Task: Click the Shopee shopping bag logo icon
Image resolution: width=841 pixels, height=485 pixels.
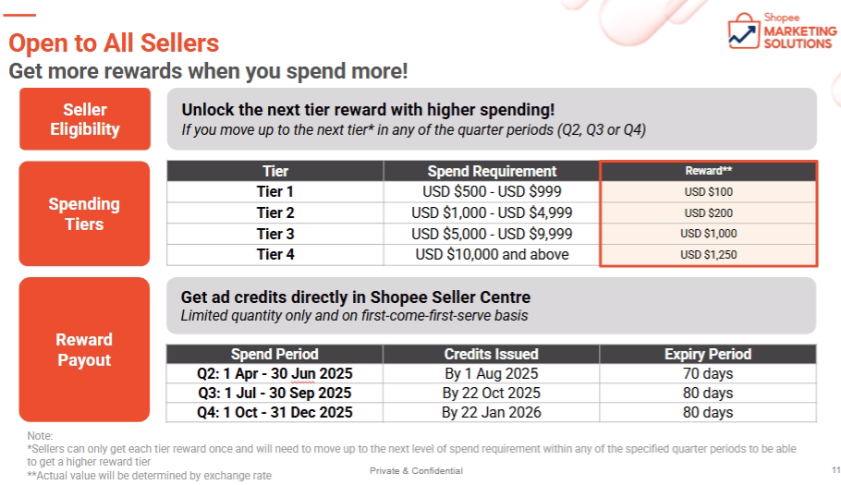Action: (x=744, y=31)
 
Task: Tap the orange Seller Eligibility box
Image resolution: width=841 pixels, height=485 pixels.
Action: (x=85, y=119)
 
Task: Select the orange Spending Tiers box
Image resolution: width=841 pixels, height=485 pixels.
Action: (x=84, y=213)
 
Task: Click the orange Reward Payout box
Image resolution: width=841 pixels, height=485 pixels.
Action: (x=84, y=349)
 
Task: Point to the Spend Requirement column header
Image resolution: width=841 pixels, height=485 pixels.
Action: (x=492, y=171)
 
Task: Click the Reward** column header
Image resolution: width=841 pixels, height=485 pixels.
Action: (x=708, y=171)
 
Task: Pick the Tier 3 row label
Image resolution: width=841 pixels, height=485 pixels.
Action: (x=275, y=234)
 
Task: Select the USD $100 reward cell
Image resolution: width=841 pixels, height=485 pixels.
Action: (x=708, y=192)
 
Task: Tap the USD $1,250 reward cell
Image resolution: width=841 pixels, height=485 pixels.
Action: (x=708, y=255)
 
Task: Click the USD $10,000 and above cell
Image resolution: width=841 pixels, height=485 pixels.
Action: (x=492, y=255)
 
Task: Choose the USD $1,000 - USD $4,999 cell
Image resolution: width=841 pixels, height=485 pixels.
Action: (x=492, y=212)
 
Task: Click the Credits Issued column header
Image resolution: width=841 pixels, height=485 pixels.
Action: (x=491, y=354)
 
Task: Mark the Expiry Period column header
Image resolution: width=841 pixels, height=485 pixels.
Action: (x=707, y=354)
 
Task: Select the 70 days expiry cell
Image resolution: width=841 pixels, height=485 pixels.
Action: (x=707, y=373)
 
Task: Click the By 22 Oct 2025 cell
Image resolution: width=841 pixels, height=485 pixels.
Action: (x=491, y=393)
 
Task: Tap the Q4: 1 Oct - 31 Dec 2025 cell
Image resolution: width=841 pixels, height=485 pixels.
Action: (x=274, y=412)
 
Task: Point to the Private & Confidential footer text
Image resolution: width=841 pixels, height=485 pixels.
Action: (x=416, y=470)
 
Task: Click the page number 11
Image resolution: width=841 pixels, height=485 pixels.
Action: (x=835, y=470)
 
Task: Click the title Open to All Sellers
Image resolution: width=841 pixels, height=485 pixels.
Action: (x=114, y=42)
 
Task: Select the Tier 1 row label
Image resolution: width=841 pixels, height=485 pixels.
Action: (x=275, y=191)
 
